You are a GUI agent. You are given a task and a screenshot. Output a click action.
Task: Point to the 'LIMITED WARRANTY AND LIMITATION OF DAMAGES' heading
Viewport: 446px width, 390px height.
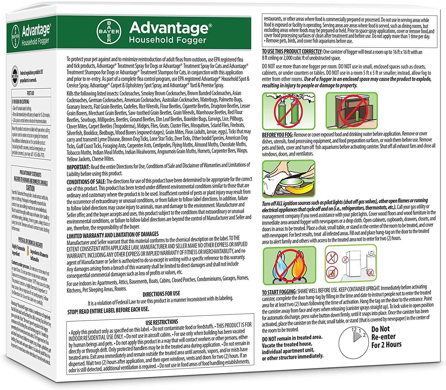coord(113,234)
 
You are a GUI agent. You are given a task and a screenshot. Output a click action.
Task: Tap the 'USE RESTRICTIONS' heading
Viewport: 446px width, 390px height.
coord(162,322)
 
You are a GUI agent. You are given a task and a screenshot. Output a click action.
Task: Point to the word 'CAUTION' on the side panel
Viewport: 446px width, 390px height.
coord(30,188)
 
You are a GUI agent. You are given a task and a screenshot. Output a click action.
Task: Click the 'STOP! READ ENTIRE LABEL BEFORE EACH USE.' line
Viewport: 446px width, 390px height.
coord(108,310)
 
